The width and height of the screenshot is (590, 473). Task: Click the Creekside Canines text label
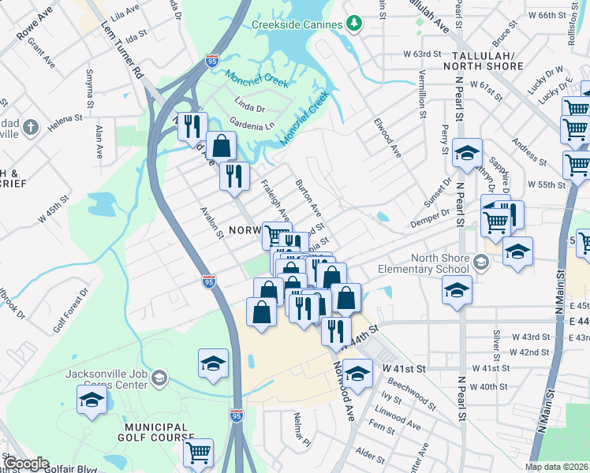(297, 24)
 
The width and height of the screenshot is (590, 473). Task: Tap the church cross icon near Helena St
(30, 127)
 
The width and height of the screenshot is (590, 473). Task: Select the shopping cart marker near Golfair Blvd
(198, 453)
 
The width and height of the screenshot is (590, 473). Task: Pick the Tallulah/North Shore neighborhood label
(488, 61)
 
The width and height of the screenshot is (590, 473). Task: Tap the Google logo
(25, 464)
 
